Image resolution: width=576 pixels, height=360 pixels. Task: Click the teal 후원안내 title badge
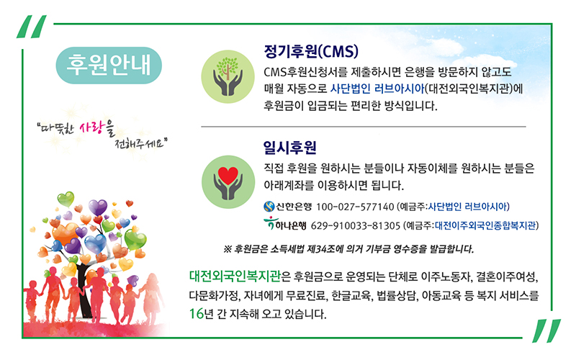[x=109, y=66]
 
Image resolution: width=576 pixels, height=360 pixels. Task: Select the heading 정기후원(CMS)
[x=311, y=51]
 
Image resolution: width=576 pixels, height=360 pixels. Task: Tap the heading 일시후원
[x=290, y=148]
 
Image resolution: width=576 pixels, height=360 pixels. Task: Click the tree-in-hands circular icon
[x=228, y=76]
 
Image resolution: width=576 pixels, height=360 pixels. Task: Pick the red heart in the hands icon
[x=228, y=176]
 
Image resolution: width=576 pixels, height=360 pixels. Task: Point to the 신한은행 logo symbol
[x=269, y=207]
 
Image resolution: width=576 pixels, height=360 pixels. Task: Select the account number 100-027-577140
[x=355, y=207]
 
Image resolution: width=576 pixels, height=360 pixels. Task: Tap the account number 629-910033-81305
[x=355, y=225]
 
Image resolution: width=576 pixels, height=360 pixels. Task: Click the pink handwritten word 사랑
[x=92, y=128]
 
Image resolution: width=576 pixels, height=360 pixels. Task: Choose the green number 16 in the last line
[x=197, y=314]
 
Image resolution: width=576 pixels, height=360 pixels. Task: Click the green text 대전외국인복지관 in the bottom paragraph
[x=235, y=276]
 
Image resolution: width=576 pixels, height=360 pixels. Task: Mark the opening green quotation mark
[x=32, y=27]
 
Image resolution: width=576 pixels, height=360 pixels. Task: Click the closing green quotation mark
[x=546, y=330]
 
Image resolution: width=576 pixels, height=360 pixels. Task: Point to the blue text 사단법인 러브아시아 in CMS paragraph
[x=377, y=89]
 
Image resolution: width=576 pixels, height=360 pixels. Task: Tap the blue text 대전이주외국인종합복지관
[x=485, y=225]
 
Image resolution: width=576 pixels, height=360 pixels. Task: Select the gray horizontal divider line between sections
[x=364, y=127]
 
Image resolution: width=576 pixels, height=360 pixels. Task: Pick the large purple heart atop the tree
[x=98, y=207]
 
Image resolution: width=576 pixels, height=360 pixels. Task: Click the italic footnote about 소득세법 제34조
[x=348, y=249]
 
